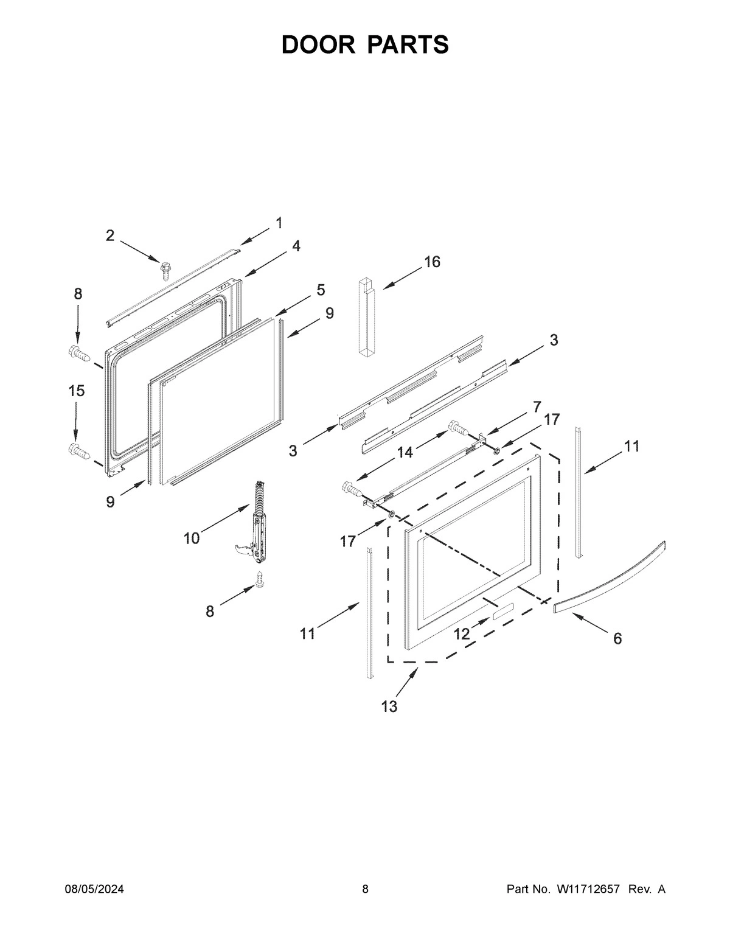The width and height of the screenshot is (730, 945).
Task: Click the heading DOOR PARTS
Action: [x=365, y=45]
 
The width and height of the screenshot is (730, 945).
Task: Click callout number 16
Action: [x=432, y=262]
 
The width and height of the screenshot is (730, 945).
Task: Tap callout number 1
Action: [x=279, y=223]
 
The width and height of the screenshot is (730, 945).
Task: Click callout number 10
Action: [x=192, y=538]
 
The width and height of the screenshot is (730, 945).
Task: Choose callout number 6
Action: [x=617, y=638]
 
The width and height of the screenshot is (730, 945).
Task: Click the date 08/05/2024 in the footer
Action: [x=94, y=889]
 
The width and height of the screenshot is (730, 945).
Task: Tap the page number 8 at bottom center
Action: [x=365, y=889]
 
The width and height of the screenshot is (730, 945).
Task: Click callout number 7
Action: [x=537, y=406]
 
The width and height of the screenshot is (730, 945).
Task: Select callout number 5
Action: [x=321, y=290]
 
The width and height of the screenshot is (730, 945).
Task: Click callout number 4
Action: [x=296, y=246]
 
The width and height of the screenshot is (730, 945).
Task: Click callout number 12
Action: [x=462, y=634]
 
